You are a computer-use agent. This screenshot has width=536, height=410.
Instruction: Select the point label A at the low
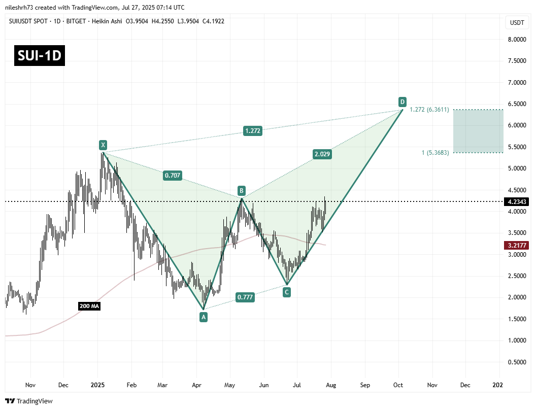point(204,317)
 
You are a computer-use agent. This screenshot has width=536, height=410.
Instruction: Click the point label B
point(242,191)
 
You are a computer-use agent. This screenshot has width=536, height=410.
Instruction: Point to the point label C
point(287,292)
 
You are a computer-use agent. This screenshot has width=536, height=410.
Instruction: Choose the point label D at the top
point(402,101)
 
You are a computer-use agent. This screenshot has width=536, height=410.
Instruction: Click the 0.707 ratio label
point(172,176)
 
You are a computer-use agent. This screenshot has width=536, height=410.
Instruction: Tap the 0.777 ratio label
point(245,297)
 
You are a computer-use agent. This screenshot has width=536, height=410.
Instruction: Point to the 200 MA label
point(89,306)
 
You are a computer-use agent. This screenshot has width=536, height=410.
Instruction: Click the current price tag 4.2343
point(517,201)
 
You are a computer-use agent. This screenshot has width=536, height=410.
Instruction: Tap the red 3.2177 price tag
point(517,245)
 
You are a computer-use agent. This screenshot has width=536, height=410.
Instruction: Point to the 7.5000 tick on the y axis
point(517,61)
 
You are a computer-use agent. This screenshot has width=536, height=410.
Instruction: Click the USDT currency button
point(517,23)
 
